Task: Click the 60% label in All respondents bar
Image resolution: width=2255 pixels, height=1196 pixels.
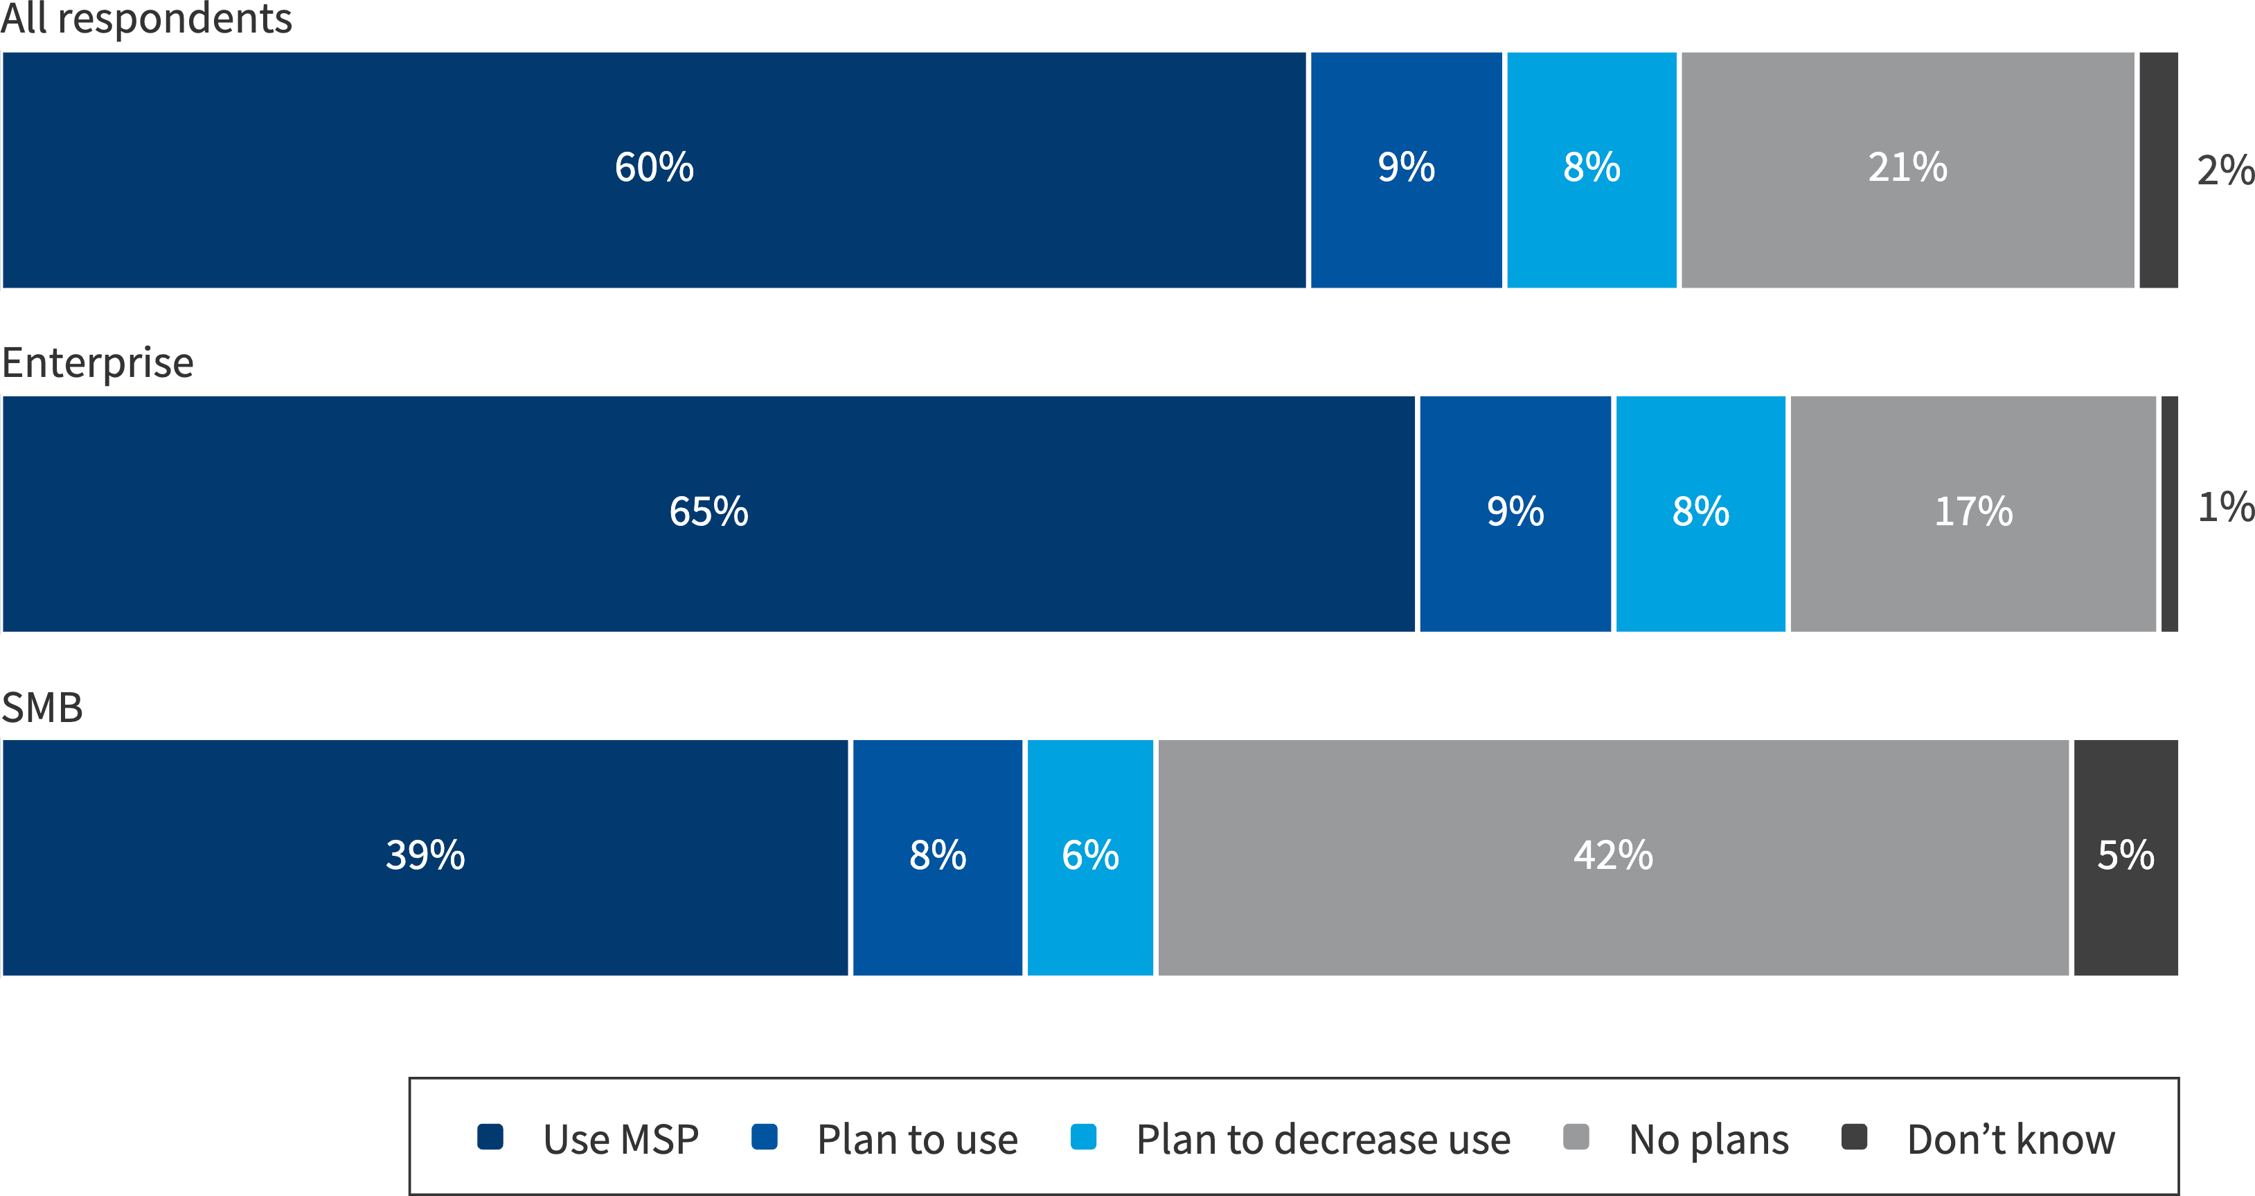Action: point(654,167)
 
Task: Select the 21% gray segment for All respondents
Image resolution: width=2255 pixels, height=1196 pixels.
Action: point(1907,167)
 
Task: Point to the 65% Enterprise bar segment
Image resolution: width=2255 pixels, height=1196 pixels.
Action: point(708,512)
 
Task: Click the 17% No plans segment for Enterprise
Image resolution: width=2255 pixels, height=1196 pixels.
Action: point(1973,512)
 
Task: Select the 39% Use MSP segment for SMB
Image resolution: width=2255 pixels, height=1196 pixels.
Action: point(425,856)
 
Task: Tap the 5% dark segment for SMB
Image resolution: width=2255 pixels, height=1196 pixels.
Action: point(2125,856)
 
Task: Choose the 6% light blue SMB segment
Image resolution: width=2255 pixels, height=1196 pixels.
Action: point(1090,856)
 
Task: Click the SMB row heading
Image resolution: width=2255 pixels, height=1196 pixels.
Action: point(42,707)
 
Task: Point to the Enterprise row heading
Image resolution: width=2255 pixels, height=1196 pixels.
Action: point(97,362)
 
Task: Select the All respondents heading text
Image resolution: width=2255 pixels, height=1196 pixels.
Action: point(146,19)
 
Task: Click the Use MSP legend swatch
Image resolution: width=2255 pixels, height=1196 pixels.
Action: point(490,1136)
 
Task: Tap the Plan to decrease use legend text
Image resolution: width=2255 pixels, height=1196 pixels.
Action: point(1323,1140)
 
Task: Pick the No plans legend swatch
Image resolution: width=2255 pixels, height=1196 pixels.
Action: point(1576,1136)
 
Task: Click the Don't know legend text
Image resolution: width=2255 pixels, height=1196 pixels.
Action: point(2011,1140)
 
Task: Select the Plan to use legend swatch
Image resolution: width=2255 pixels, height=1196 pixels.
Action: point(764,1136)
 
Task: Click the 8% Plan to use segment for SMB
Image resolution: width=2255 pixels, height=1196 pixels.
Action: point(938,856)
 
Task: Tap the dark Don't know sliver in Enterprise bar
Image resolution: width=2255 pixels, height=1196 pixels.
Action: point(2169,512)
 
